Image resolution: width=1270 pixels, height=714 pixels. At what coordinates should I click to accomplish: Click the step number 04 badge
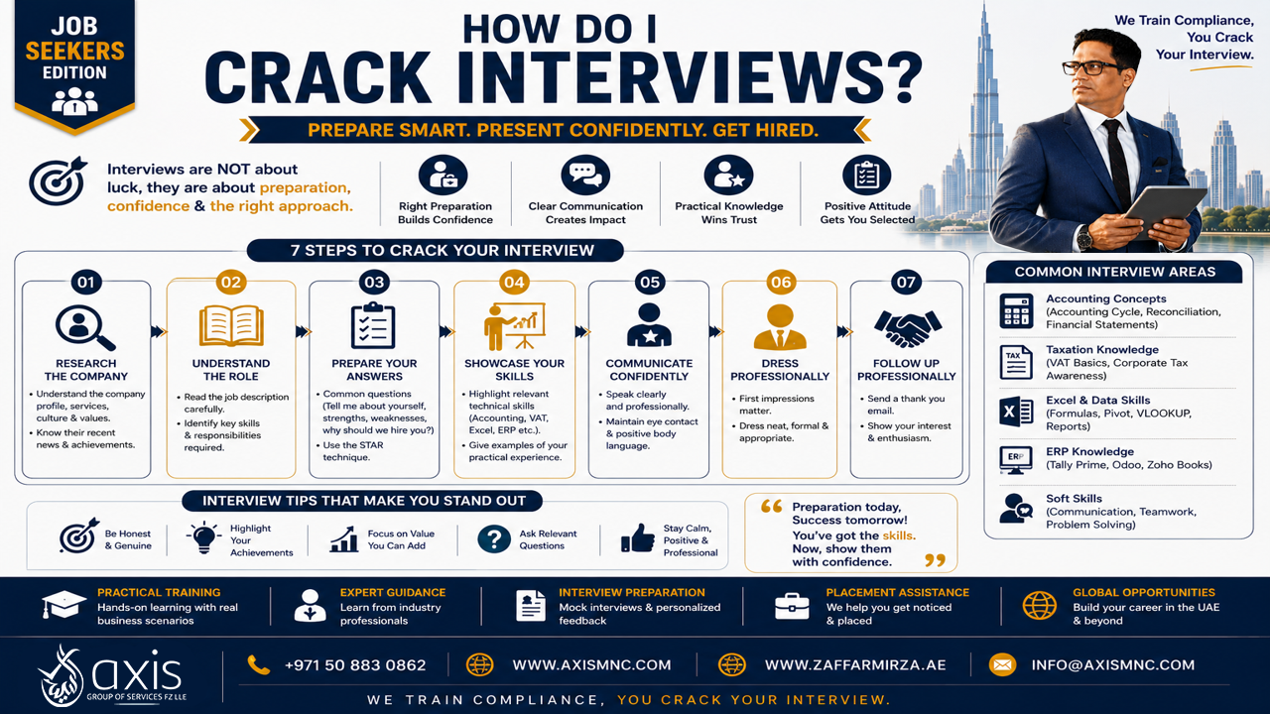pos(514,283)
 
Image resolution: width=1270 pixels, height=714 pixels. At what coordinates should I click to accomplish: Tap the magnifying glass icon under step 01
pos(85,327)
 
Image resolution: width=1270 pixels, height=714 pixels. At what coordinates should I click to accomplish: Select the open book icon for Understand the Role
pos(231,325)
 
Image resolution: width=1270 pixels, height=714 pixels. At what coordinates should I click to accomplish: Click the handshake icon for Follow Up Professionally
pos(907,327)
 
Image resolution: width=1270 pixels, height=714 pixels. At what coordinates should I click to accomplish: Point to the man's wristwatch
pos(1084,237)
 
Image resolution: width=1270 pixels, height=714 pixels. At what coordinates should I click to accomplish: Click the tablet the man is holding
pos(1165,209)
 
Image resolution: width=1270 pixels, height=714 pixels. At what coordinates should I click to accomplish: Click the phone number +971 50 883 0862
pos(355,664)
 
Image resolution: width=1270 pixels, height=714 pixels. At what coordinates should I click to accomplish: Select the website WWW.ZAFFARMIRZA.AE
pos(855,664)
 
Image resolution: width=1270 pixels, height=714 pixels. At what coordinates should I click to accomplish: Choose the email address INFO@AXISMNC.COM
pos(1113,664)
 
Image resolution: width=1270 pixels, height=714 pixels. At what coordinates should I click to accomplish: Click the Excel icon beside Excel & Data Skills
pos(1016,412)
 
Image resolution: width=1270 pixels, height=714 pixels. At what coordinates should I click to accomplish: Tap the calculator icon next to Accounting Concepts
pos(1016,311)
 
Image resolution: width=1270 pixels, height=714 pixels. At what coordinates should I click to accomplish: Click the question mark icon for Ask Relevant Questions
pos(494,538)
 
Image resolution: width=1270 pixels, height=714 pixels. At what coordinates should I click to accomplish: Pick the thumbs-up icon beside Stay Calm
pos(637,537)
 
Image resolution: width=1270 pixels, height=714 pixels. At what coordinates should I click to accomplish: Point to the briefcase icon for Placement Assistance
pos(792,606)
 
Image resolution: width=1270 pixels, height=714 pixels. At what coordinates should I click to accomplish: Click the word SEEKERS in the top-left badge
pos(74,51)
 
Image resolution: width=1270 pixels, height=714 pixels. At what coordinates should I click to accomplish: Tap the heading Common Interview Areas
pos(1114,272)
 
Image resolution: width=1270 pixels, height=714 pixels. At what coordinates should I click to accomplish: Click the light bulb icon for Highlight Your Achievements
pos(203,537)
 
